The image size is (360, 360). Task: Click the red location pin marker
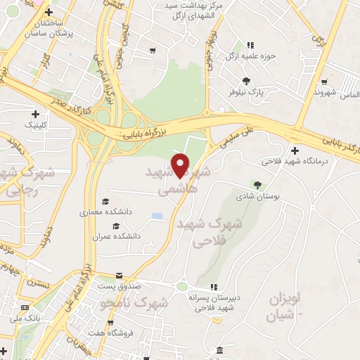(181, 165)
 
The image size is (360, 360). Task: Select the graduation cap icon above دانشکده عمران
(115, 226)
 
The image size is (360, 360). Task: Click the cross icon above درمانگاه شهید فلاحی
(295, 150)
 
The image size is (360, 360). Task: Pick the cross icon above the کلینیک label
(35, 114)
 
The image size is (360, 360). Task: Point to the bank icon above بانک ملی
(25, 307)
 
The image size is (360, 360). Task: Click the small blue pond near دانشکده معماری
(156, 215)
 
